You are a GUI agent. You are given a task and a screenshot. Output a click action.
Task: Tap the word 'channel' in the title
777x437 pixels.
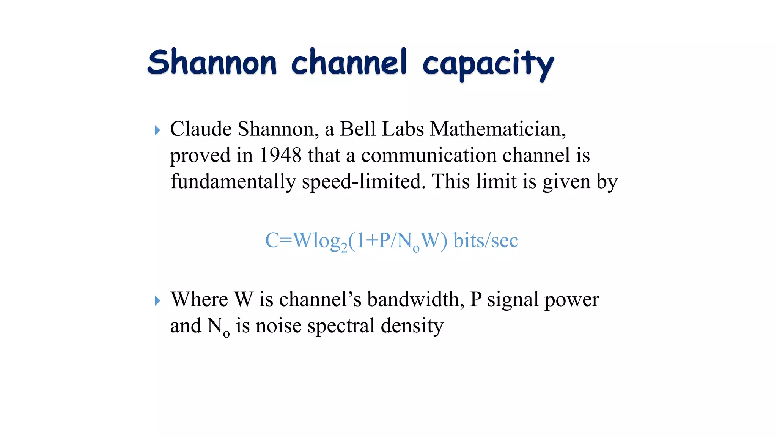(x=349, y=62)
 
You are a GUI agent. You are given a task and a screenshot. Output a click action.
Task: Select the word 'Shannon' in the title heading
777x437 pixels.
(x=212, y=62)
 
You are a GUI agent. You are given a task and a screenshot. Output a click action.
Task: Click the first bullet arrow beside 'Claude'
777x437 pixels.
(x=157, y=130)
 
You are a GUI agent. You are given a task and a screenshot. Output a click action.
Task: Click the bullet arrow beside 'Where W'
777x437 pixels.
(x=157, y=301)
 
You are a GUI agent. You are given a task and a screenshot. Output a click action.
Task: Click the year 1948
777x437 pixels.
(x=280, y=155)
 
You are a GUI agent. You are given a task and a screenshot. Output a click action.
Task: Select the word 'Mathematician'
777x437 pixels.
(x=497, y=129)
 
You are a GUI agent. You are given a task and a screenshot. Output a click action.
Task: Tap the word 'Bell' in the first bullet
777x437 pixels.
(x=358, y=129)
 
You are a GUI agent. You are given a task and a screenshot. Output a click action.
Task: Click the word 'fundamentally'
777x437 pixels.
(x=233, y=181)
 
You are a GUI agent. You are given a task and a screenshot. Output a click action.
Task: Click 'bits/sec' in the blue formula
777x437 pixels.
(x=486, y=241)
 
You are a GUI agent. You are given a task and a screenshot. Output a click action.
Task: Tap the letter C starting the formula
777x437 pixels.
(x=272, y=241)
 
